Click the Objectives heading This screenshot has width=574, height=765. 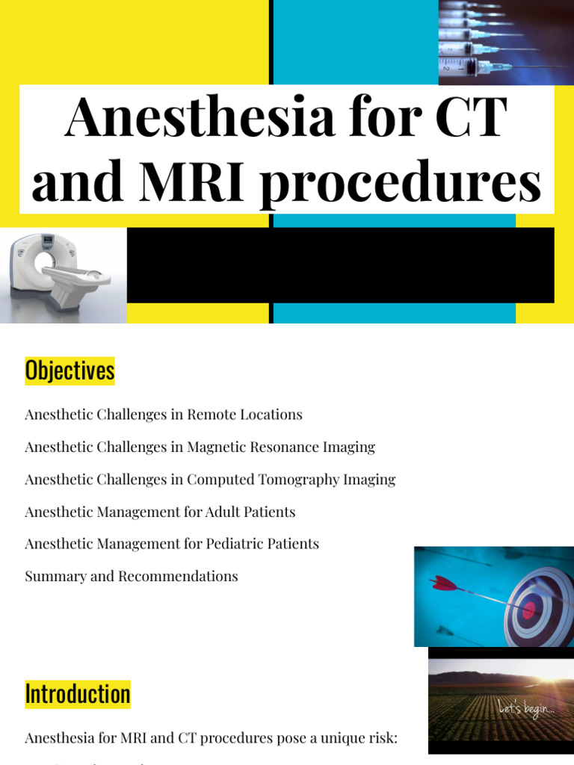point(70,371)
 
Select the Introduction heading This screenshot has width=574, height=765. point(78,694)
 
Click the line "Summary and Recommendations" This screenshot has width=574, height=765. point(132,576)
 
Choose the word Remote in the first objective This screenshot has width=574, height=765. point(211,414)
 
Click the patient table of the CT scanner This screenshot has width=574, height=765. point(78,281)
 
